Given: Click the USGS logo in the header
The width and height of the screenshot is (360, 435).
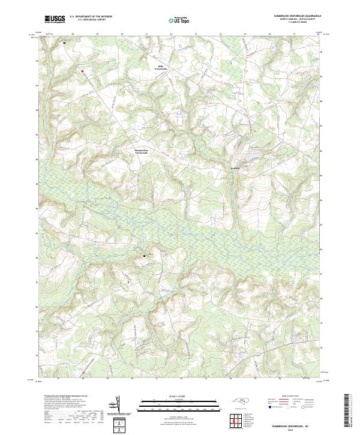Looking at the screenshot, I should [x=55, y=19].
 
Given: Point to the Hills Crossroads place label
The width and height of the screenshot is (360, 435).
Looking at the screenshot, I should [x=161, y=68].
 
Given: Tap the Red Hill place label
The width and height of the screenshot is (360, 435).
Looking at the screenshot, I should [x=236, y=169].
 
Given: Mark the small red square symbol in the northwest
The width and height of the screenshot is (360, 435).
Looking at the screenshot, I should [x=83, y=71].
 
